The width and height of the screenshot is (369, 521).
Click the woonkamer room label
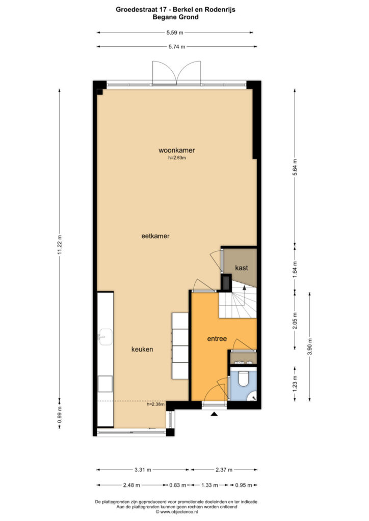[177, 150]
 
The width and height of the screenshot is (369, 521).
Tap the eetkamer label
[155, 236]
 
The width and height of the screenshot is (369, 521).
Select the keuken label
[142, 349]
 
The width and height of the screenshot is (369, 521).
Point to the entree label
[217, 338]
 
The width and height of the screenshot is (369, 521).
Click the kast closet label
[242, 268]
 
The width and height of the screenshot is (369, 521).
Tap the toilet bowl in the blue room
[244, 378]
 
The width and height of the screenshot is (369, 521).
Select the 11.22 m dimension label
[60, 245]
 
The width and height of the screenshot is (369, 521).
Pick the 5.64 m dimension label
[295, 168]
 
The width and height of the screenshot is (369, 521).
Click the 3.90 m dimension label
[310, 346]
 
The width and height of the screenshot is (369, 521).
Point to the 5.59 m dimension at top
[175, 33]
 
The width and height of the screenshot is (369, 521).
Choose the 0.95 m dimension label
[244, 485]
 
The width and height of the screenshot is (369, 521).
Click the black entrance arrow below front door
[214, 414]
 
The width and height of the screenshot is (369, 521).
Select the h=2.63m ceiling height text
[177, 158]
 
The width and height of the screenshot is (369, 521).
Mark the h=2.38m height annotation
[156, 404]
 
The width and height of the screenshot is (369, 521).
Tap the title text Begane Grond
[175, 17]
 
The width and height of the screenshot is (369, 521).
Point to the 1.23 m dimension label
[295, 383]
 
